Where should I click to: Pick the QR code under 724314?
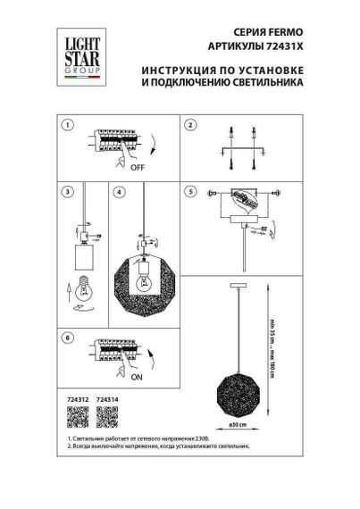pyautogui.click(x=106, y=415)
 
